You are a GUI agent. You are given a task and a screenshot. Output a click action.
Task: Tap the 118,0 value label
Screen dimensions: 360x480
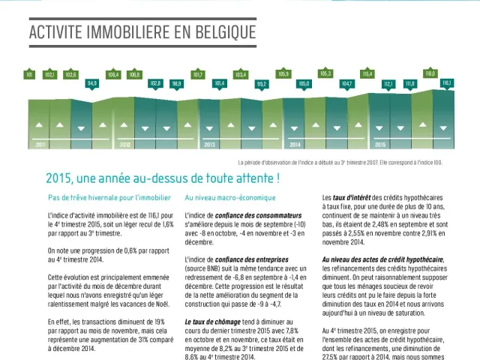tap(430, 74)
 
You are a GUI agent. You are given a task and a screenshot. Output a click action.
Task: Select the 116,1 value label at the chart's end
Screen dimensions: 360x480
tap(446, 82)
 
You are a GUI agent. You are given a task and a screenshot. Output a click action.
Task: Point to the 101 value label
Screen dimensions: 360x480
tap(29, 75)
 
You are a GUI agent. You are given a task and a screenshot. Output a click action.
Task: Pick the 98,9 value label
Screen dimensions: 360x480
tap(177, 83)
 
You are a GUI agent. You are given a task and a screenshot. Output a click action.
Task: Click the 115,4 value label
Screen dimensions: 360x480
tap(367, 74)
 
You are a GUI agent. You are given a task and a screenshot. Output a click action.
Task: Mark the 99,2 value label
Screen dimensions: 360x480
tap(262, 83)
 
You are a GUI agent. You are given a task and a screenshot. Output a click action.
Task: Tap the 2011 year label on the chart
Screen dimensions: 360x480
tap(40, 145)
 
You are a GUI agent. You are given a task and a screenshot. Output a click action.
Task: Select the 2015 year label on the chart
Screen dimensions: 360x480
tap(380, 145)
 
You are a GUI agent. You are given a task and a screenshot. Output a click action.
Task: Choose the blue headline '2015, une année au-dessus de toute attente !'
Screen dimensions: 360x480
tap(163, 179)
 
